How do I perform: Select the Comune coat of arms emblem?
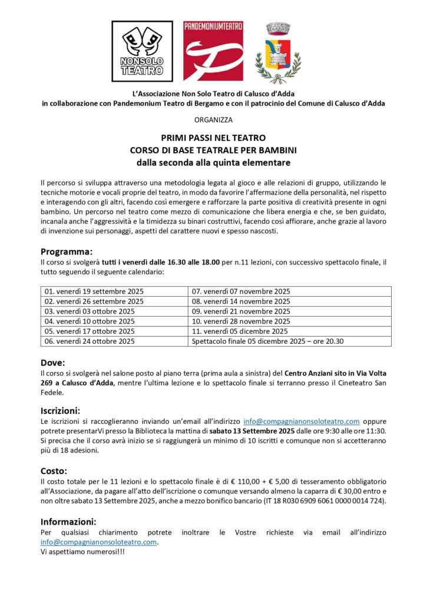click(x=278, y=53)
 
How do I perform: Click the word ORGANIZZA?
click(x=213, y=120)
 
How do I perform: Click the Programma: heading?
click(x=67, y=250)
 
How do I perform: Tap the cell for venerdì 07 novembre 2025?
click(x=241, y=291)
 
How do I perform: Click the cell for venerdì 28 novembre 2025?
click(x=241, y=322)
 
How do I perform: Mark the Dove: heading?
click(x=52, y=362)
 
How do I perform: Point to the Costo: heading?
click(x=54, y=471)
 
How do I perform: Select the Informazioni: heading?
click(x=68, y=521)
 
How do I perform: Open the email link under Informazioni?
click(x=99, y=542)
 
